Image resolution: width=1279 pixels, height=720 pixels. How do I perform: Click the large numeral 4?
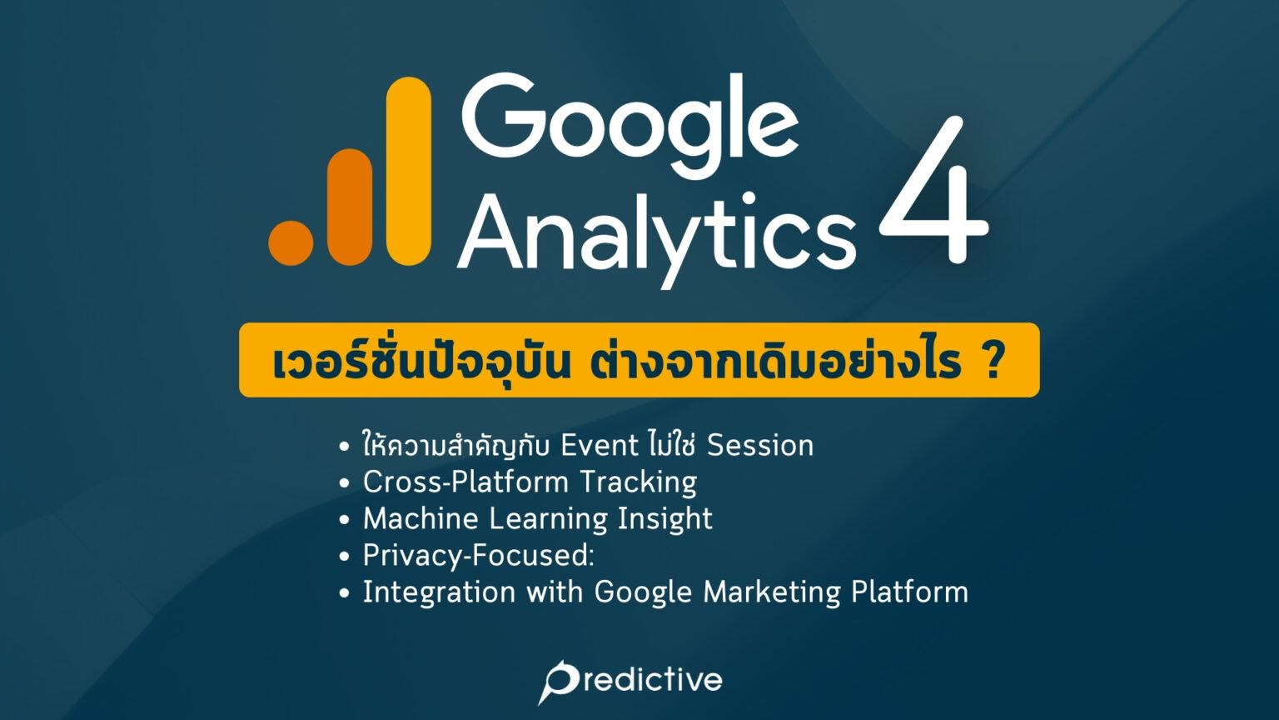pyautogui.click(x=933, y=192)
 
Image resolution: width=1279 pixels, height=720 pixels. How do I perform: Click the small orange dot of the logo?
pyautogui.click(x=291, y=242)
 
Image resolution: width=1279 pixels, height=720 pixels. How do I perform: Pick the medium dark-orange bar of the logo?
pyautogui.click(x=350, y=207)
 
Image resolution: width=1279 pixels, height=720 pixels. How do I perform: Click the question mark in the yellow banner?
pyautogui.click(x=992, y=362)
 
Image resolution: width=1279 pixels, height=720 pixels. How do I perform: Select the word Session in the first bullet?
pyautogui.click(x=759, y=446)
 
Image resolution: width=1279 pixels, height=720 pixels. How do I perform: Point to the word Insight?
pyautogui.click(x=664, y=519)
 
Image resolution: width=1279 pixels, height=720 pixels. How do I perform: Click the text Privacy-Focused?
pyautogui.click(x=477, y=556)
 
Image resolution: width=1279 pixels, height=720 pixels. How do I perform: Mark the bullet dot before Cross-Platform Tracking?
pyautogui.click(x=345, y=483)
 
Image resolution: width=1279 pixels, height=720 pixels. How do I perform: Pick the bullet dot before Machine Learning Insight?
pyautogui.click(x=345, y=520)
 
